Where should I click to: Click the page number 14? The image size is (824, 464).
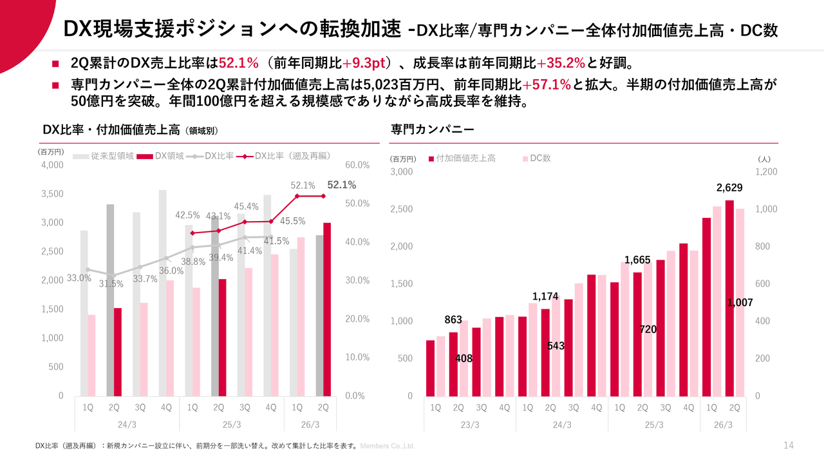point(789,445)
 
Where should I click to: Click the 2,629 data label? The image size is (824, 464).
point(729,188)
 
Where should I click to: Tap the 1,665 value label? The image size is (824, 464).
point(637,260)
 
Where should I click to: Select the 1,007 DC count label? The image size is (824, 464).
point(740,302)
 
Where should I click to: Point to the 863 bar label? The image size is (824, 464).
point(453,320)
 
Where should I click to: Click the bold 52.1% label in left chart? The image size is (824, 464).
point(341,185)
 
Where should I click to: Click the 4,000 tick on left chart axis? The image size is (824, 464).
point(53,165)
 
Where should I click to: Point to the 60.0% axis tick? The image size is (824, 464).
point(357,165)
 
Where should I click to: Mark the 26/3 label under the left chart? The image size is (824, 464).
point(310,425)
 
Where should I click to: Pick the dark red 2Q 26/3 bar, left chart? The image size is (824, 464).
point(327,309)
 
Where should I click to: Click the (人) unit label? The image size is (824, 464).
point(764,159)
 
